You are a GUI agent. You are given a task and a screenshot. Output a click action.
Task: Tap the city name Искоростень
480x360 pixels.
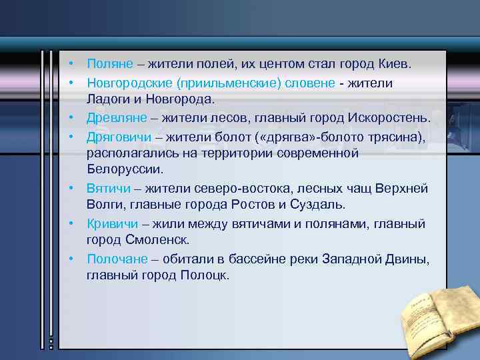(x=389, y=118)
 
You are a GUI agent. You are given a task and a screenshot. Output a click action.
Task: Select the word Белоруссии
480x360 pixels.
(x=124, y=170)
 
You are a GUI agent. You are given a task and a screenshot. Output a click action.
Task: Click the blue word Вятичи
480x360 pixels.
(x=109, y=188)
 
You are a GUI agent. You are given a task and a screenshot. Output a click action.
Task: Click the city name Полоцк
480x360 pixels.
(x=204, y=275)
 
